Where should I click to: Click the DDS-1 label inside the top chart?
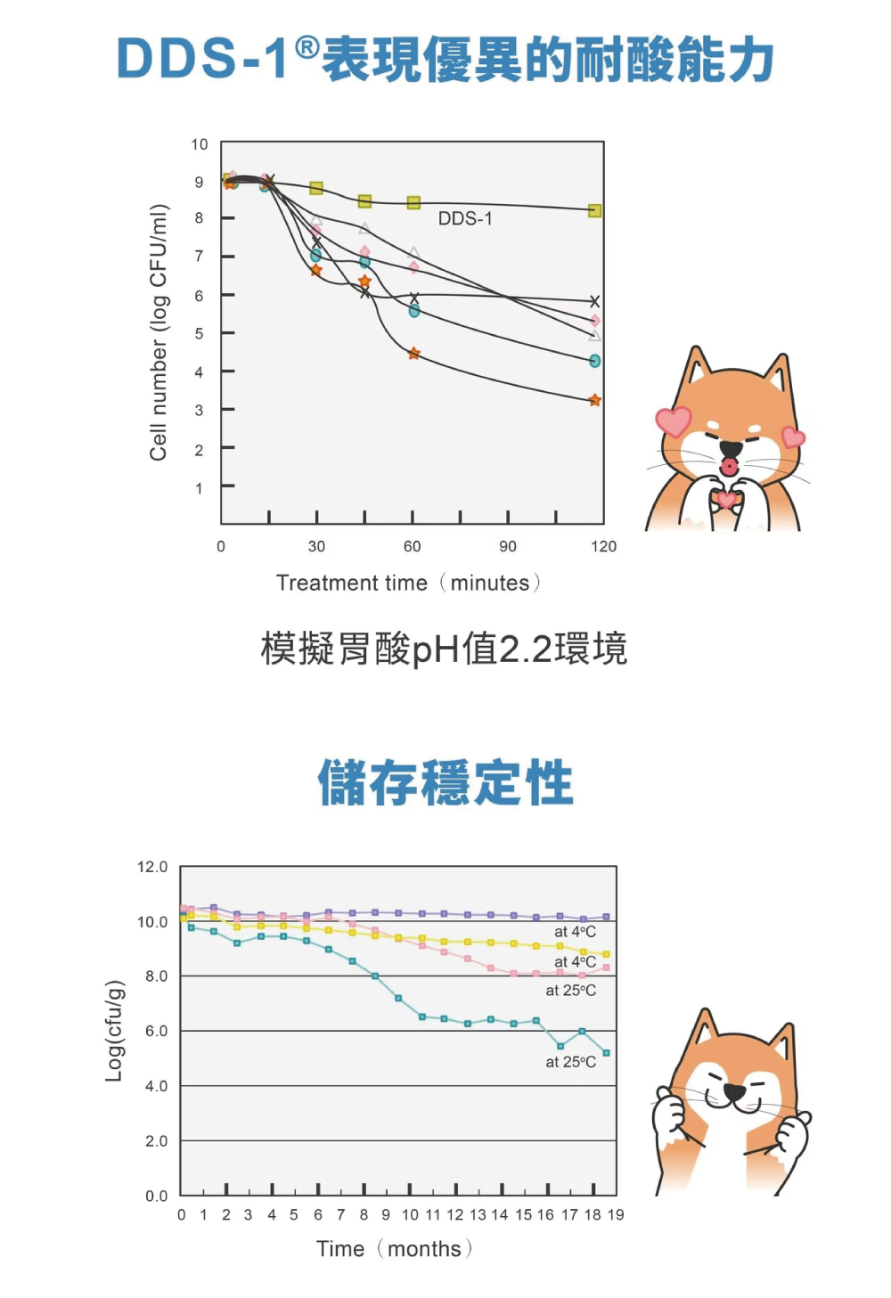tap(464, 218)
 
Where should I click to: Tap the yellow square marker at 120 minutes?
tap(595, 211)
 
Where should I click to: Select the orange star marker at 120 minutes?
tap(595, 401)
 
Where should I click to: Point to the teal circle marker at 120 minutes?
tap(595, 361)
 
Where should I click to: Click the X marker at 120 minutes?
tap(595, 302)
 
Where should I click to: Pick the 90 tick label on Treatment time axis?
tap(508, 546)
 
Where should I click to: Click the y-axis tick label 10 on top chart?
tap(200, 144)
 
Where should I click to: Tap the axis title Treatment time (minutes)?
tap(409, 584)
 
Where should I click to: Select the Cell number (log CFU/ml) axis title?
tap(159, 332)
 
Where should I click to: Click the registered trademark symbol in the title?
tap(306, 48)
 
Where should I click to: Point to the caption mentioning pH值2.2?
tap(444, 649)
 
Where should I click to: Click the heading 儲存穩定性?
tap(445, 783)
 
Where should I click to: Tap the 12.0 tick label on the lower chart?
tap(152, 867)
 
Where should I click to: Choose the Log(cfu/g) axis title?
tap(114, 1031)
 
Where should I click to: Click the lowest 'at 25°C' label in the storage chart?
tap(571, 1062)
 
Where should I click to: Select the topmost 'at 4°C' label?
tap(575, 932)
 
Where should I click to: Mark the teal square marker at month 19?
tap(606, 1053)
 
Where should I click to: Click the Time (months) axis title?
tap(394, 1249)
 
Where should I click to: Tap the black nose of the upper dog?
tap(731, 448)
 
